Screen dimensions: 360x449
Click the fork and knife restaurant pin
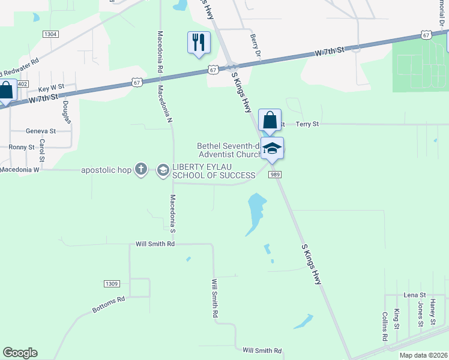click(199, 43)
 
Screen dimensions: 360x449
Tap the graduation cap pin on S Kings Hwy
click(272, 149)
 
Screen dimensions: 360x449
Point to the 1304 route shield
click(50, 34)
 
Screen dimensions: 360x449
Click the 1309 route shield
click(112, 283)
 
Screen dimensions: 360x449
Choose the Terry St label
click(307, 124)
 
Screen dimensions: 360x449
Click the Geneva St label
click(41, 131)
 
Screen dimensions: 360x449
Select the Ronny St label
click(22, 147)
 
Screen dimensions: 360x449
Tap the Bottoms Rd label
click(109, 305)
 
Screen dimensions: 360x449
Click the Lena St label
click(414, 295)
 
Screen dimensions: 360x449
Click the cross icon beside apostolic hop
click(141, 170)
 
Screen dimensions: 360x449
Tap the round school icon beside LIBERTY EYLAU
click(163, 171)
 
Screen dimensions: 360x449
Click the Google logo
click(20, 353)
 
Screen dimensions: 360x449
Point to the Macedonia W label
click(19, 170)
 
